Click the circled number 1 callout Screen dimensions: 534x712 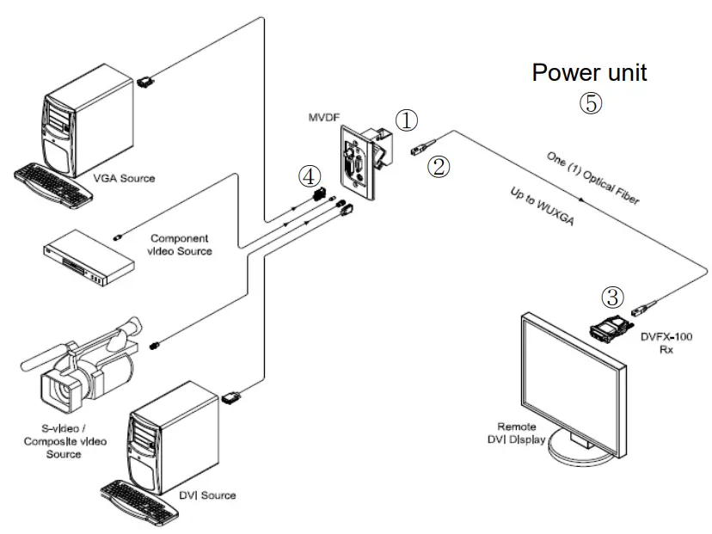pos(406,120)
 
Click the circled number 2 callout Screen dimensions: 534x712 pos(439,166)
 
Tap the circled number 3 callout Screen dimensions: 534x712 pos(611,297)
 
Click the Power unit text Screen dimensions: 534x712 pos(589,72)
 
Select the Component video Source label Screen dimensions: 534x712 pos(181,244)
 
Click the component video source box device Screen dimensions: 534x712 pos(89,257)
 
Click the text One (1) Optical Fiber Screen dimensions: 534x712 pos(593,178)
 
